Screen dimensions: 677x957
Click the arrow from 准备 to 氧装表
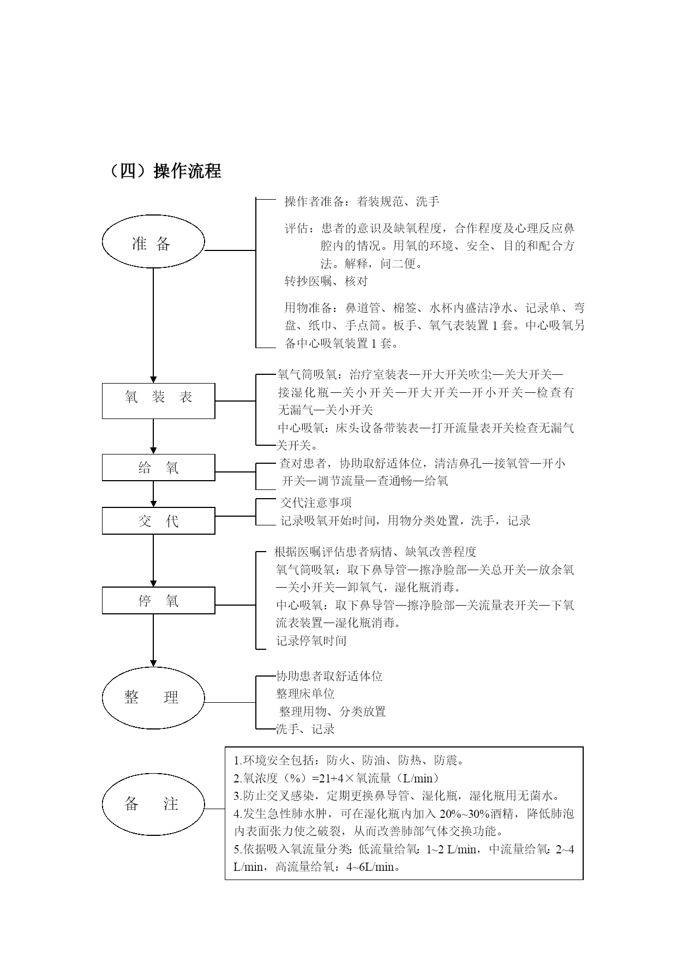(153, 326)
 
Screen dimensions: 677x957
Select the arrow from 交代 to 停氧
(153, 561)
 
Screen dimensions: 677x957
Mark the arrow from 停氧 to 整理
(153, 641)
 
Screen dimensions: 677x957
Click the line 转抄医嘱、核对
(326, 282)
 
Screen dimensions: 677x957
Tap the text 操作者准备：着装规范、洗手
(362, 202)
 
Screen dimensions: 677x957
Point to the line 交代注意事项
(316, 503)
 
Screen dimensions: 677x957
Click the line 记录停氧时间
(311, 641)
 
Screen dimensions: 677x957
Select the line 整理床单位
(305, 693)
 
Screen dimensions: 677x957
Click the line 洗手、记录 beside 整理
(305, 729)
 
